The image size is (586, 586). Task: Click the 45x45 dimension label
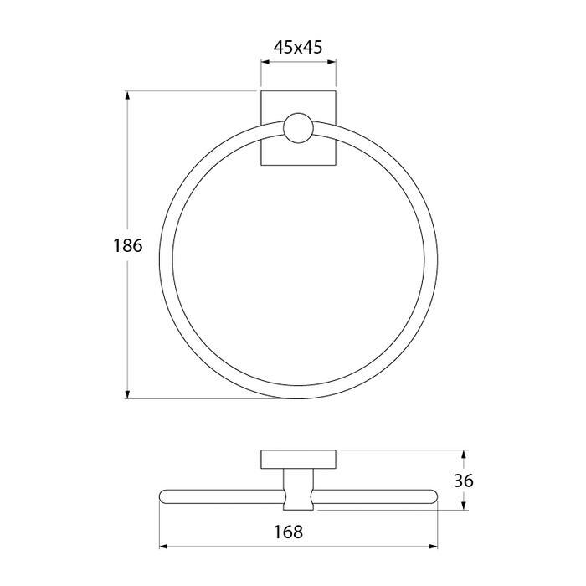click(298, 48)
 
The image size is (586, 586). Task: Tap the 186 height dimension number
click(128, 245)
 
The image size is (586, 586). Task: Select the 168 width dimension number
click(288, 532)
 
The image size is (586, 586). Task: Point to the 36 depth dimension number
click(464, 481)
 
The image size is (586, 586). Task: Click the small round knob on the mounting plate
click(298, 128)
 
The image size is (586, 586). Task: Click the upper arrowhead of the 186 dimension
click(128, 96)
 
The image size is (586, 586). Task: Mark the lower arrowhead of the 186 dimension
click(128, 394)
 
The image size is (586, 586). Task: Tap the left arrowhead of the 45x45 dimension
click(265, 62)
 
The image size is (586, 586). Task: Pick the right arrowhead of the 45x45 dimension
click(332, 62)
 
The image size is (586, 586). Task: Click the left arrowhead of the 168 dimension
click(164, 547)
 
